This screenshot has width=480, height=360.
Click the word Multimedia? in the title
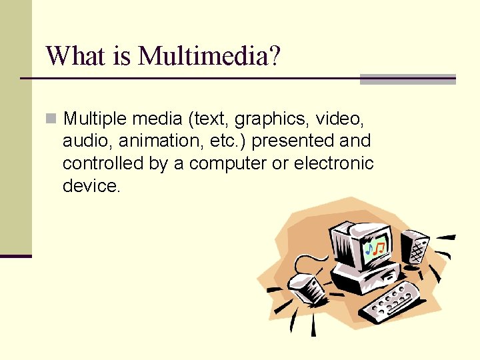coord(209,56)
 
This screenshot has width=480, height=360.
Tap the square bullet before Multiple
coord(51,119)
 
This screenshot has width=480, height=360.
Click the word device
coord(91,186)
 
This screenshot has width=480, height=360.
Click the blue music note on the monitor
coord(369,250)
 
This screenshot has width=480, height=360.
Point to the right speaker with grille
coord(415,247)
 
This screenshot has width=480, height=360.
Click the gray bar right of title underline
coord(407,79)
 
